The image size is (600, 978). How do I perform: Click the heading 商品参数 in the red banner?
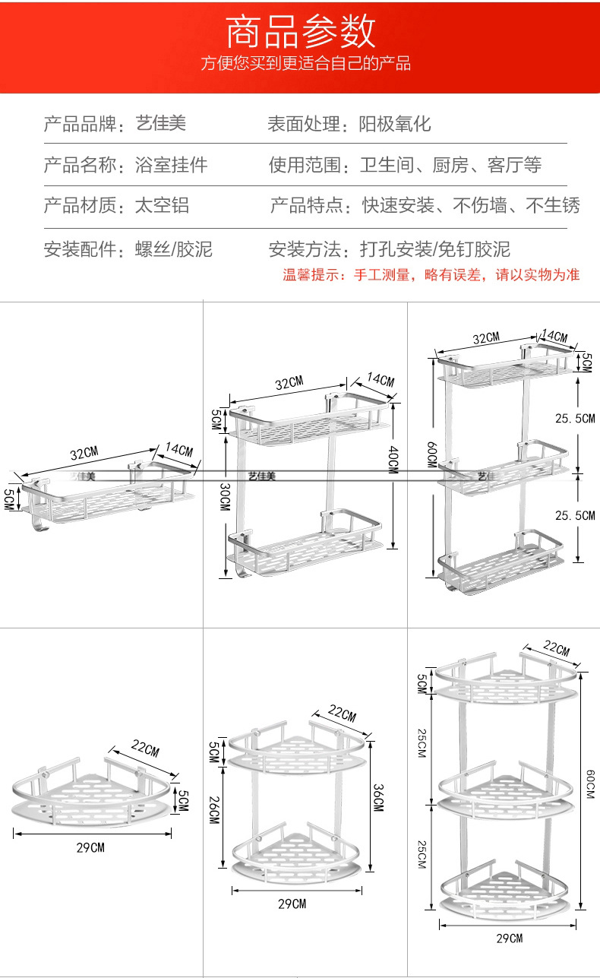[302, 31]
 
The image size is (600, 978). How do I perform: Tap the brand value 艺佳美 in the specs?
[160, 123]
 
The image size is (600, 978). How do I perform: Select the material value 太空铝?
[161, 205]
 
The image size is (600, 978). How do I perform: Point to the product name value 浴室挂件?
[171, 164]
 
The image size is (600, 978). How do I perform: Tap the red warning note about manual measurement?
[431, 275]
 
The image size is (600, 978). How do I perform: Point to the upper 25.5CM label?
[575, 418]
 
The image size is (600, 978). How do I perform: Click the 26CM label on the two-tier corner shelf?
[214, 808]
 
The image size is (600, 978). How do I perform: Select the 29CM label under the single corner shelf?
[90, 847]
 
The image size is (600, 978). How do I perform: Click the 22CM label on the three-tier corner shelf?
[555, 648]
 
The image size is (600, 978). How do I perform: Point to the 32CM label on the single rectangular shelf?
[84, 454]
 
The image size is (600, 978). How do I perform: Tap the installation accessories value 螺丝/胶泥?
[173, 248]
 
